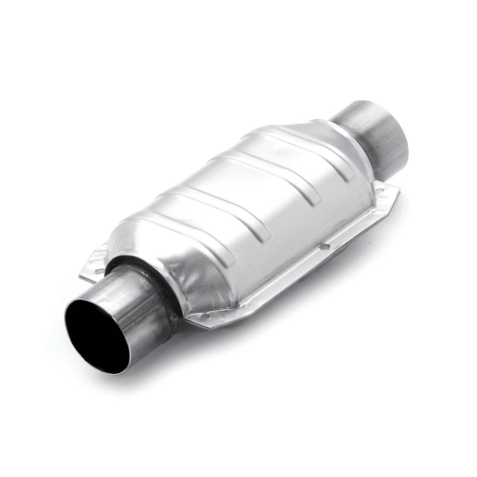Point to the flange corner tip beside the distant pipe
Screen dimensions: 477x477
pos(397,191)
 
